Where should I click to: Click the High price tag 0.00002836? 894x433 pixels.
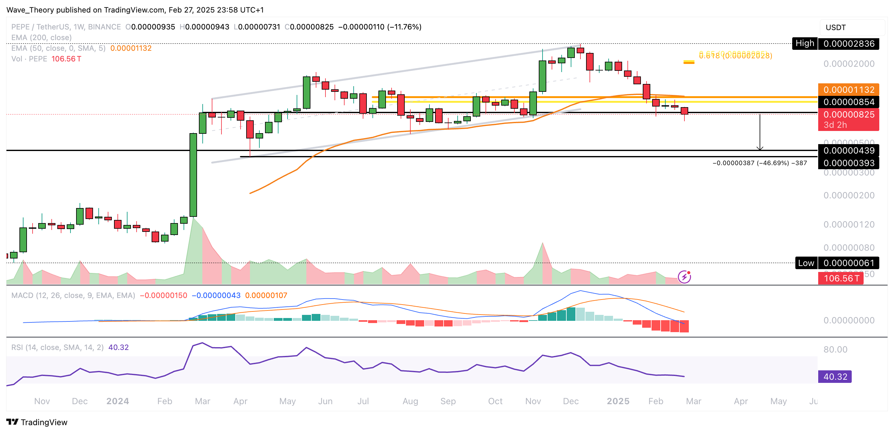pos(848,44)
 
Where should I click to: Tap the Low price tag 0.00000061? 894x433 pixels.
pos(848,263)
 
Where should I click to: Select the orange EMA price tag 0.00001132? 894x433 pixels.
pos(848,90)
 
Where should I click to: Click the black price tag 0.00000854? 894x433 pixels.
pos(848,102)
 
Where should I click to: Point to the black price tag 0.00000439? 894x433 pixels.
pos(848,150)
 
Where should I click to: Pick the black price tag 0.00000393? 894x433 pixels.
pos(848,163)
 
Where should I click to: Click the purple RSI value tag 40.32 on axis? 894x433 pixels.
pos(835,376)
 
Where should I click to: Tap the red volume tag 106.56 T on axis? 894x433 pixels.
pos(840,278)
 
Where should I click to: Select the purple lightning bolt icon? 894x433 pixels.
pos(684,277)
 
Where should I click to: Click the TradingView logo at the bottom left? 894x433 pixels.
pos(36,422)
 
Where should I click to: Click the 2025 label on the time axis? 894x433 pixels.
pos(618,401)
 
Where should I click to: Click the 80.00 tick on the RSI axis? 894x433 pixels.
pos(835,349)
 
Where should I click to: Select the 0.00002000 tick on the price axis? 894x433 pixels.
pos(849,64)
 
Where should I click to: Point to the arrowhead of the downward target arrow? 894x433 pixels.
pos(760,149)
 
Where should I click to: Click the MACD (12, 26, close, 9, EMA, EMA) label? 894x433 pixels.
pos(73,295)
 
